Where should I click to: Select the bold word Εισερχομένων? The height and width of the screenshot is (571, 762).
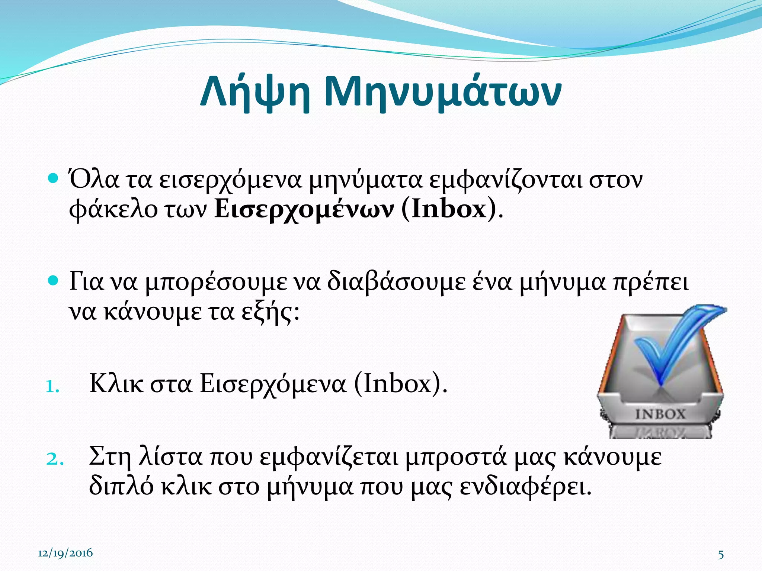pos(304,209)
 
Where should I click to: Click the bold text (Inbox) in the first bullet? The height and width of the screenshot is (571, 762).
pos(449,209)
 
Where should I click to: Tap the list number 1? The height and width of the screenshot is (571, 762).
pos(52,387)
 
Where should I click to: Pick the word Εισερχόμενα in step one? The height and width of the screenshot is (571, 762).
pos(273,384)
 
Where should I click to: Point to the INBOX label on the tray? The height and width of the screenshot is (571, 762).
pos(660,414)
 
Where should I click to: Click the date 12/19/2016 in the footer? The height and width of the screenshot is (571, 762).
pos(65,553)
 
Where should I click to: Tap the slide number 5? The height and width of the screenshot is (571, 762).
pos(721,555)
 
